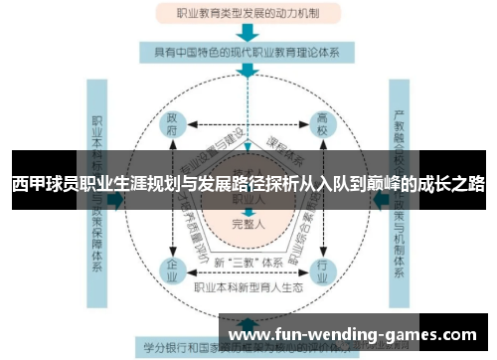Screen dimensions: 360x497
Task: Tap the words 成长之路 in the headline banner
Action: point(452,185)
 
